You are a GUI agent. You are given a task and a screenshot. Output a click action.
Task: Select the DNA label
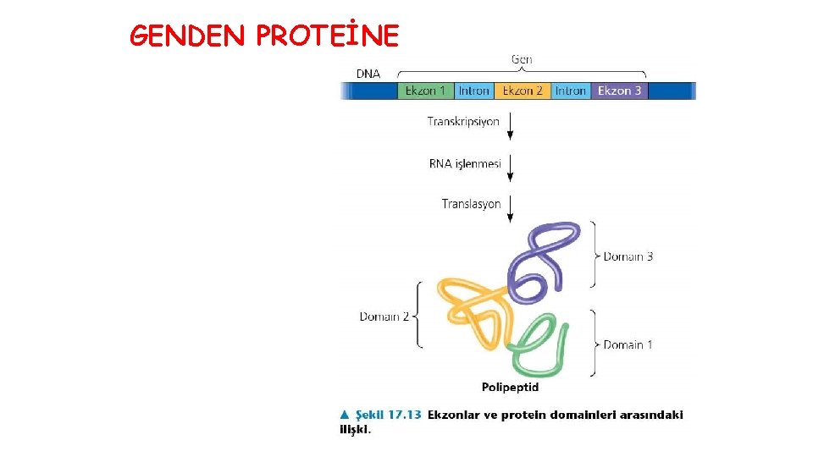click(x=368, y=74)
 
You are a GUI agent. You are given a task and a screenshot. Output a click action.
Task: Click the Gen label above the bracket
click(x=522, y=59)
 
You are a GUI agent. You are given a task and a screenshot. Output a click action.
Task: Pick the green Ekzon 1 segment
click(x=425, y=91)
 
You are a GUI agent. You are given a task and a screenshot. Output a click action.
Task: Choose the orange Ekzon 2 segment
click(x=523, y=91)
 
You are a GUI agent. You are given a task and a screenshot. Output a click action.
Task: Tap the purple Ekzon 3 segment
click(x=619, y=91)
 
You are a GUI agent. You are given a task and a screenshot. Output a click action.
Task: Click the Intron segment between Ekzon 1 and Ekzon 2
click(x=473, y=91)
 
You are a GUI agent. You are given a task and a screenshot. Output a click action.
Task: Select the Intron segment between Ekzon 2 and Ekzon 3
click(x=571, y=91)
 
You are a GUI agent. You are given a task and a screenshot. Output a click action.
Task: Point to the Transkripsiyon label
click(x=463, y=122)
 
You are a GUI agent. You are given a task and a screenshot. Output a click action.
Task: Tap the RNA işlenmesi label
click(x=465, y=163)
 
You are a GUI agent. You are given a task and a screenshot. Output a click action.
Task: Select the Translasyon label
click(x=471, y=204)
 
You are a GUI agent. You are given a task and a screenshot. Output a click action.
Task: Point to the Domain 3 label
click(x=628, y=256)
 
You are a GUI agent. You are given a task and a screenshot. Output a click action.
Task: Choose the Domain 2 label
click(x=384, y=317)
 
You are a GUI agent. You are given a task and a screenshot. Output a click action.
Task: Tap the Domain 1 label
click(x=628, y=344)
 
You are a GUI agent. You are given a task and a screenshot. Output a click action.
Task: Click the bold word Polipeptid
click(x=510, y=388)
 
